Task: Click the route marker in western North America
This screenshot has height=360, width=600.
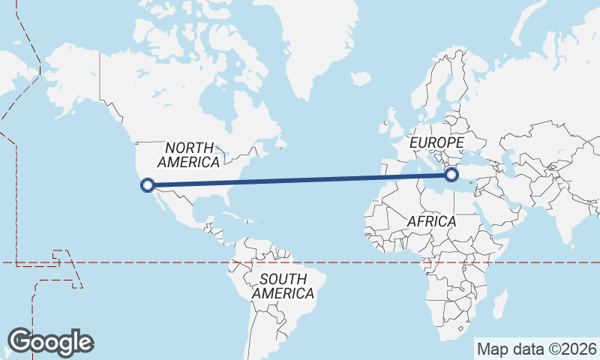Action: tap(148, 184)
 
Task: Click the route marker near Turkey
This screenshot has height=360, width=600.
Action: tap(451, 175)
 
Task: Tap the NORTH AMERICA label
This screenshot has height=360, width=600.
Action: tap(189, 154)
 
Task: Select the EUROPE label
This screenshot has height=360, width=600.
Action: tap(437, 142)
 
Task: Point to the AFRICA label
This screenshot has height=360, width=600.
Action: tap(431, 221)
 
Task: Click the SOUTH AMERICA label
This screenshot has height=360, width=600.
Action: tap(283, 286)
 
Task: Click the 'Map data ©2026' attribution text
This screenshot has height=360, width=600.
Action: tap(536, 349)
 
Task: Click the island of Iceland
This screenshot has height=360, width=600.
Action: tap(361, 77)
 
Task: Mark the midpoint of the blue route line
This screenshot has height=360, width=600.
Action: tap(299, 179)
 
